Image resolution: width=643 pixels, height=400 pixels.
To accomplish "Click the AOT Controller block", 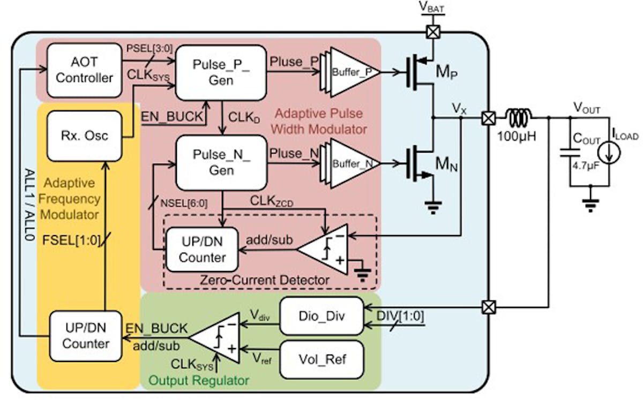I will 84,70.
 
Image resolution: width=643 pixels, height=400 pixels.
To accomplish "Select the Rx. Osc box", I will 84,136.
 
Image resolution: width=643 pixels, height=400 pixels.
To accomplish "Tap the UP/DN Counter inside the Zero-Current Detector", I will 202,250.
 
